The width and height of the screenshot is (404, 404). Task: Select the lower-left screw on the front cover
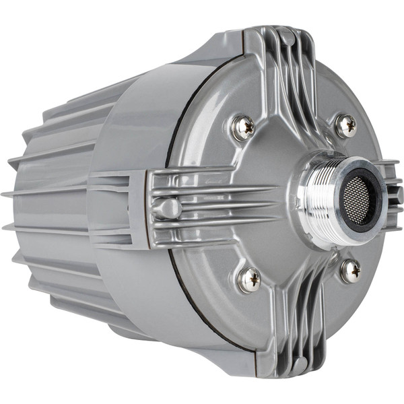point(250,279)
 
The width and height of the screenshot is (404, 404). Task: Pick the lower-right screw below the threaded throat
point(350,271)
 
